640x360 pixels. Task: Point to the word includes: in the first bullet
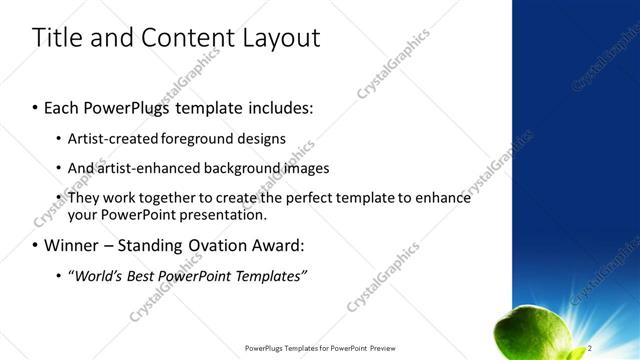click(280, 106)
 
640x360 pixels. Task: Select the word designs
click(263, 139)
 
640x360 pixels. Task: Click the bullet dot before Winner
click(36, 246)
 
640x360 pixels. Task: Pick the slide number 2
click(590, 347)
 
